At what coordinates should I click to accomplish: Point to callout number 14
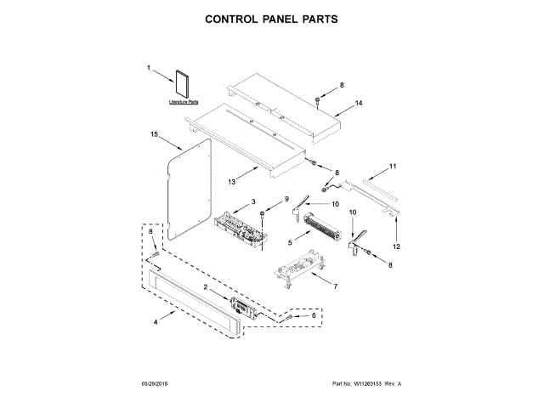[360, 103]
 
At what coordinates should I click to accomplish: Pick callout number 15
[155, 134]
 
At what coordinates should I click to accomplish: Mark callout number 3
[252, 201]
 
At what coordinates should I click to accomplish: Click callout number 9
[275, 199]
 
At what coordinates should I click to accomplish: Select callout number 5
[290, 242]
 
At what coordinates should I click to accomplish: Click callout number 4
[155, 323]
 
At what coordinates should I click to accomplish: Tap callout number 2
[205, 287]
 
